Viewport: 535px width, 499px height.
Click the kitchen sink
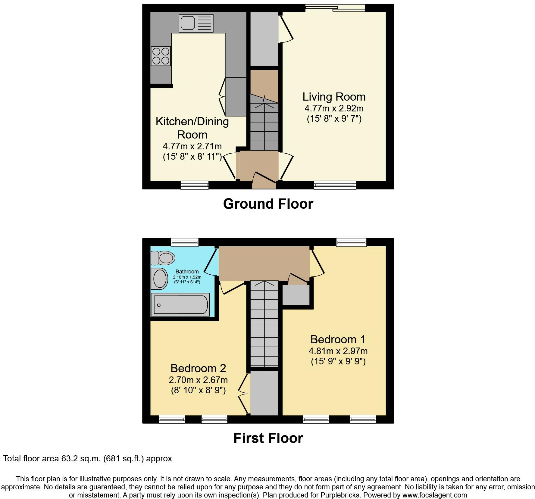196,23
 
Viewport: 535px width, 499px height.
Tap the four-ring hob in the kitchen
161,56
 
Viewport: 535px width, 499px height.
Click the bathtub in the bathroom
180,305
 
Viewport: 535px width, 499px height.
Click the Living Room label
334,97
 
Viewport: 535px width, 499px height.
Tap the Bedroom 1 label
338,339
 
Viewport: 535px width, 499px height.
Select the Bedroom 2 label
198,368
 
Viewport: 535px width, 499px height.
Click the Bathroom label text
187,272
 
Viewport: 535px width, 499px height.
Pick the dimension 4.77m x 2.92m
334,108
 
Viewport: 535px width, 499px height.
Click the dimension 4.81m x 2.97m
338,351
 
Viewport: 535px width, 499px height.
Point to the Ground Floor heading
268,204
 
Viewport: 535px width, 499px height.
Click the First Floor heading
268,438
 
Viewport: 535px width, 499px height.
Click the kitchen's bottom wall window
194,185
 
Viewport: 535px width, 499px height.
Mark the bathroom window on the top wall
185,242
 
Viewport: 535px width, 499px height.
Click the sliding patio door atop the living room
335,8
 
